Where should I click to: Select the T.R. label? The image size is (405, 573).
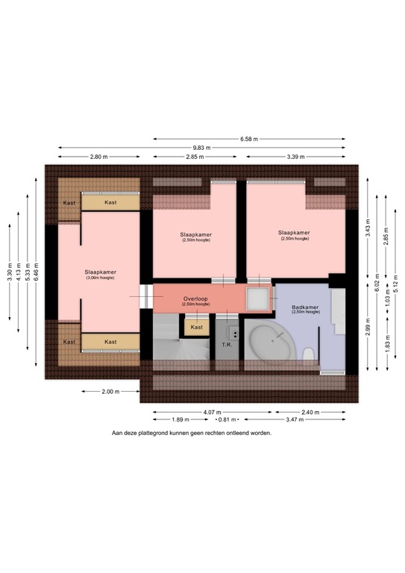click(227, 345)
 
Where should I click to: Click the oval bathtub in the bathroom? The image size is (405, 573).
click(271, 345)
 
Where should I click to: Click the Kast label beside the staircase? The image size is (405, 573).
click(197, 327)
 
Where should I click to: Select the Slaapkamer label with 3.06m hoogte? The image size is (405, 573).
click(100, 272)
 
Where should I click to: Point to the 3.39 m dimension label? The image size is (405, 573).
click(295, 157)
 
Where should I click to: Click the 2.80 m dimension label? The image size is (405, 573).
click(98, 157)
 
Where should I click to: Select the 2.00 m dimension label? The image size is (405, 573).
click(110, 391)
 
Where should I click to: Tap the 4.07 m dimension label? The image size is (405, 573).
click(213, 411)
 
